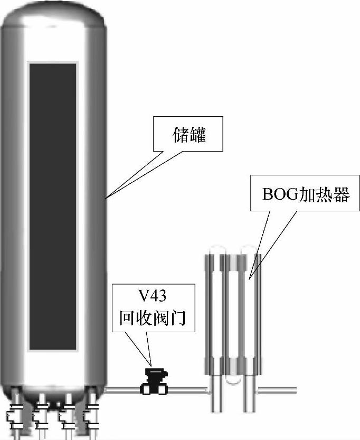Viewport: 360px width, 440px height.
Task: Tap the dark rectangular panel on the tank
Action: [53, 206]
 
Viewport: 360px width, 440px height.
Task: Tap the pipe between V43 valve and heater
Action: [187, 390]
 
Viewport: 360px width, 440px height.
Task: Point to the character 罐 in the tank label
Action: [198, 136]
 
